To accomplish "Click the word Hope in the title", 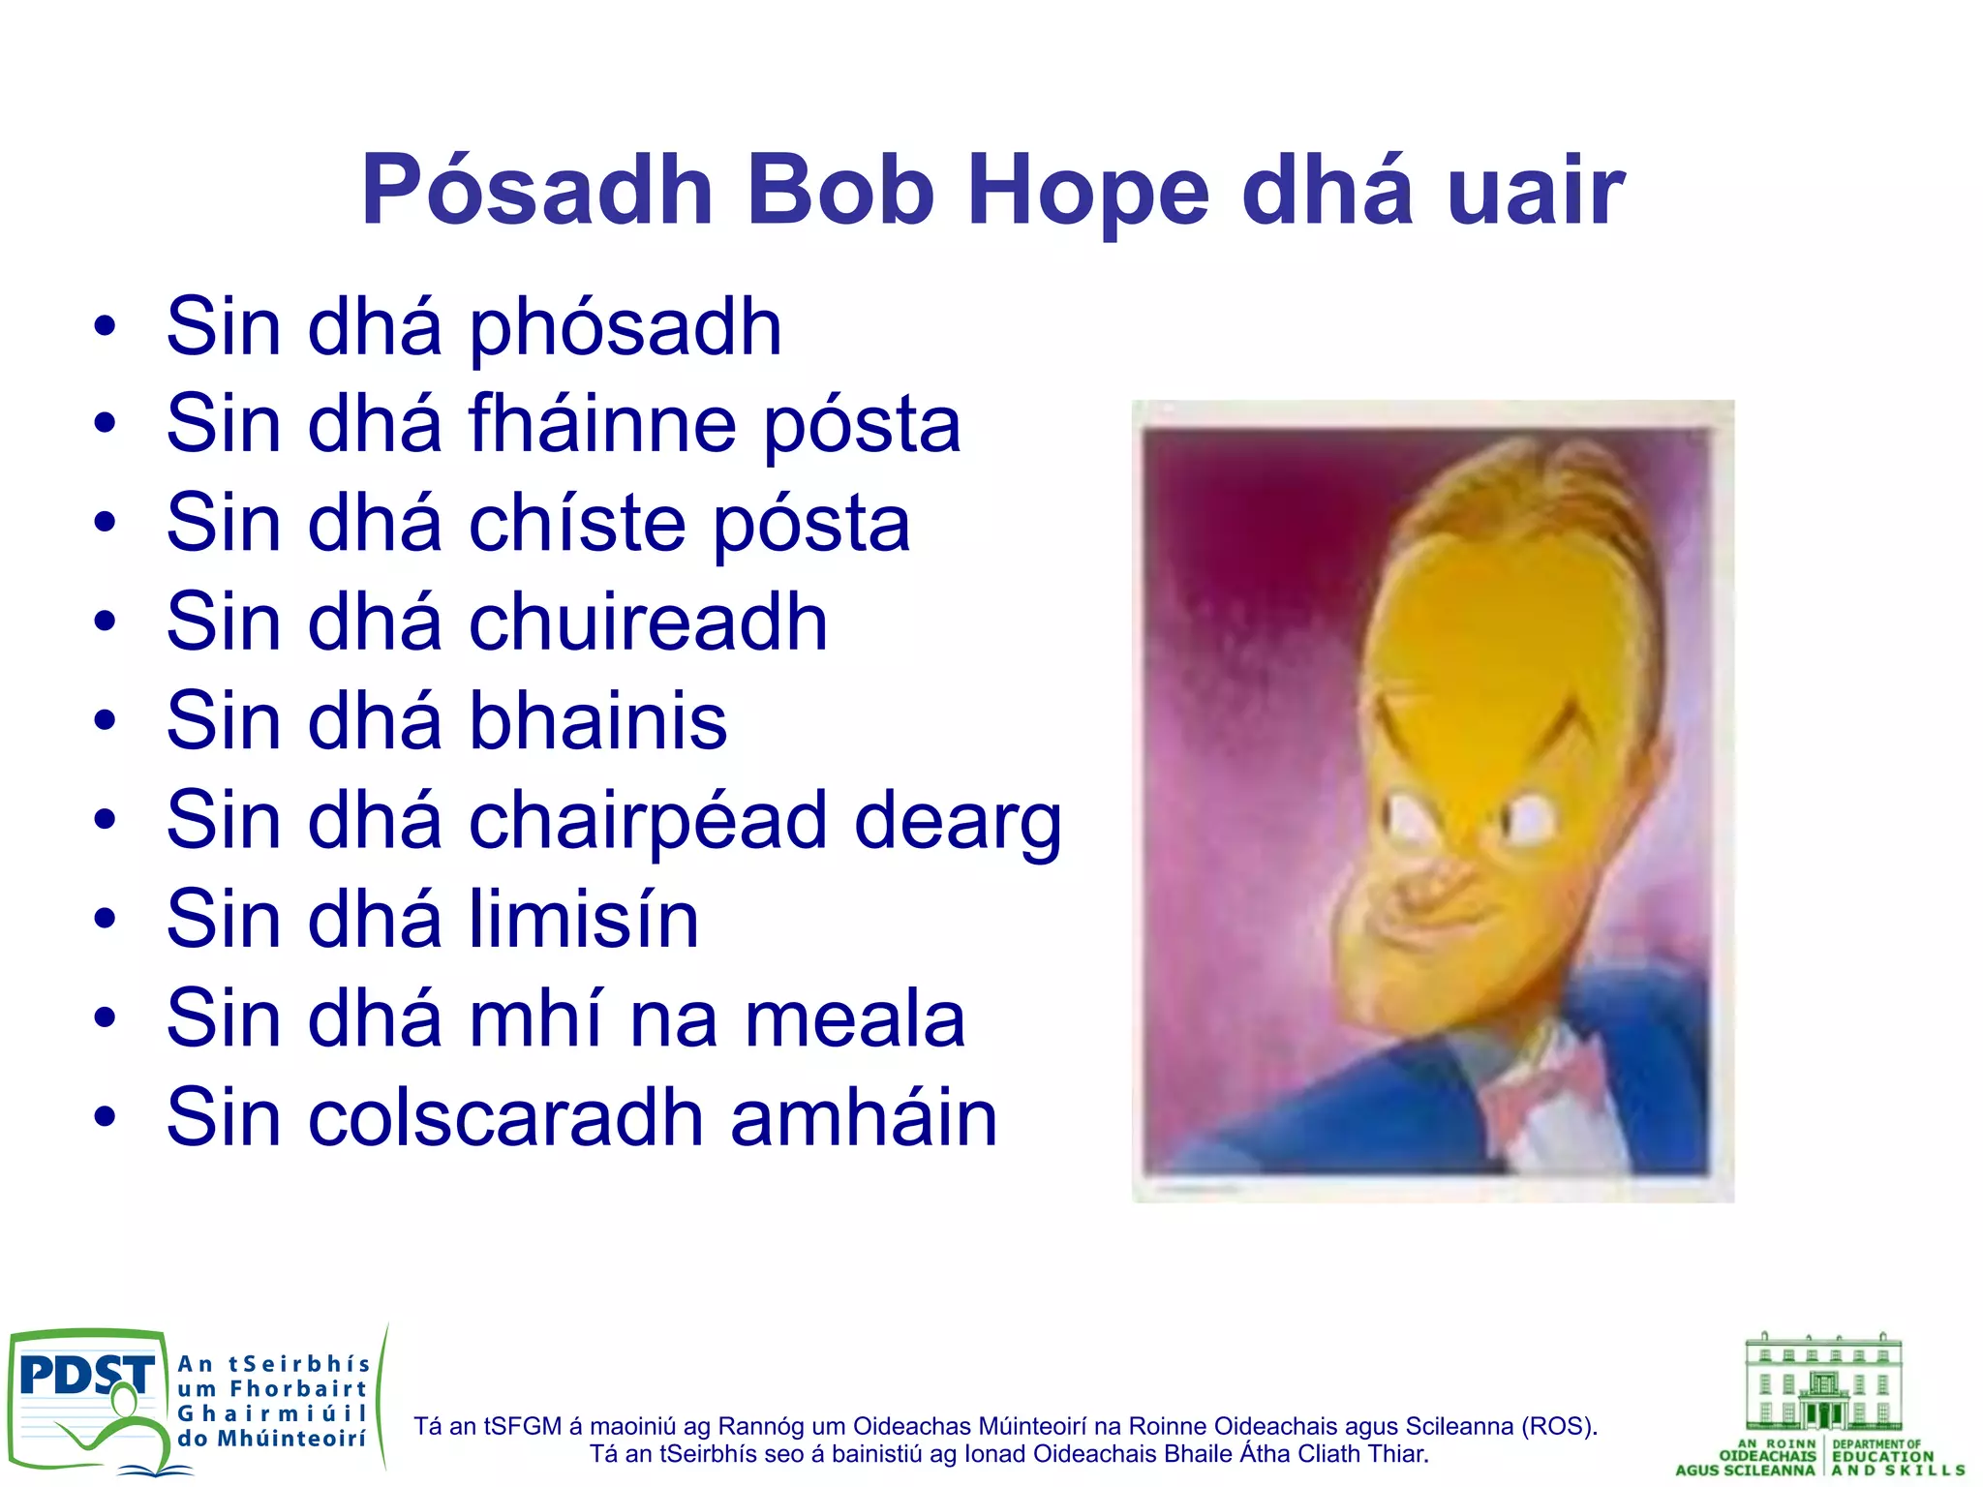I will click(1088, 192).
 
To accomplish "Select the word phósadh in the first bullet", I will click(625, 329).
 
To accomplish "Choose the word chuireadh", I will click(648, 622).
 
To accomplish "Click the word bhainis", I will click(597, 721).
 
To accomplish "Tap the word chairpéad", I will click(648, 822).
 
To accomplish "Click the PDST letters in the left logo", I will click(85, 1376).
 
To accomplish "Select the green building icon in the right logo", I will click(1823, 1382).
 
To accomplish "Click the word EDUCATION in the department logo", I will click(1882, 1456).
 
